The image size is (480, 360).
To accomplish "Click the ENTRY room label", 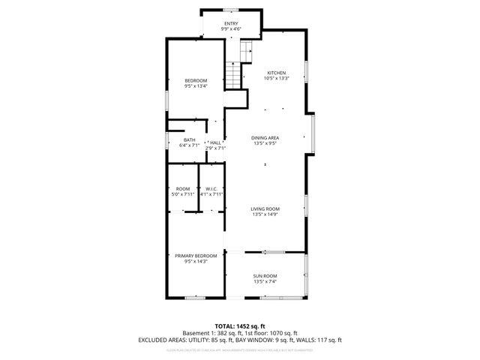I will coord(230,23).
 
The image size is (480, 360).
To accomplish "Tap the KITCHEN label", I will coord(276,73).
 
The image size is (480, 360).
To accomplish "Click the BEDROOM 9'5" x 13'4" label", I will coord(196,80).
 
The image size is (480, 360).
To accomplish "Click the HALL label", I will coord(215,142).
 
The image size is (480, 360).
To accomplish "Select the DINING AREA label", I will coord(265,138).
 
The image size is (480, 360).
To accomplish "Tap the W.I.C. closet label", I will coord(211,188).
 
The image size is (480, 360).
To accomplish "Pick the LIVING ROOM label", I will coord(265,208).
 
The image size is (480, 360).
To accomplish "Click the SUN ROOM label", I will coord(265,276).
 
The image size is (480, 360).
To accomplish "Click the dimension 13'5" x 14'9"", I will coord(265,214).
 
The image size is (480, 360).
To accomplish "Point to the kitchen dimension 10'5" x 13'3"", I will coord(276,78).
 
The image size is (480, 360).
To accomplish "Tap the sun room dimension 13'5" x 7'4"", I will coord(265,282).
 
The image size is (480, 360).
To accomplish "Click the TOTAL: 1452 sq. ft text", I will coord(240,325).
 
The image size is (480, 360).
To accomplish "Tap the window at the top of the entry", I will coord(231,10).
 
